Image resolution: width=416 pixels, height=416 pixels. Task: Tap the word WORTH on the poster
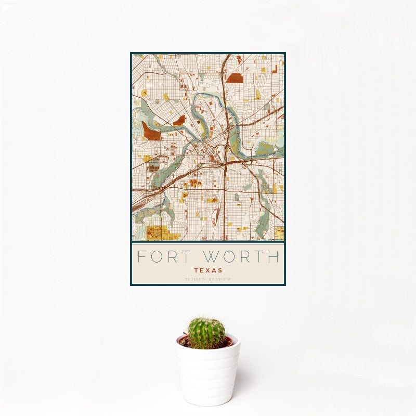[242, 257]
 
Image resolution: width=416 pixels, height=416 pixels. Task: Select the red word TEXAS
[208, 270]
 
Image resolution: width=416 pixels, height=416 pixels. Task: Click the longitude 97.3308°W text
[220, 279]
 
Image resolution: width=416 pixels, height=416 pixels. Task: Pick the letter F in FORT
[141, 257]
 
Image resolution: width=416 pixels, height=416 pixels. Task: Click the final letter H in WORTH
[274, 257]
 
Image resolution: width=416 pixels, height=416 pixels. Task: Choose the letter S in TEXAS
[220, 270]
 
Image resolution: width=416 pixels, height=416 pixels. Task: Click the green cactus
[206, 333]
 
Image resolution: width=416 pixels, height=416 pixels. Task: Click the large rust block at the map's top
[235, 78]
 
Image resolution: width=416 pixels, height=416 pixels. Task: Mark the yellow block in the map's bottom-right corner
[279, 232]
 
